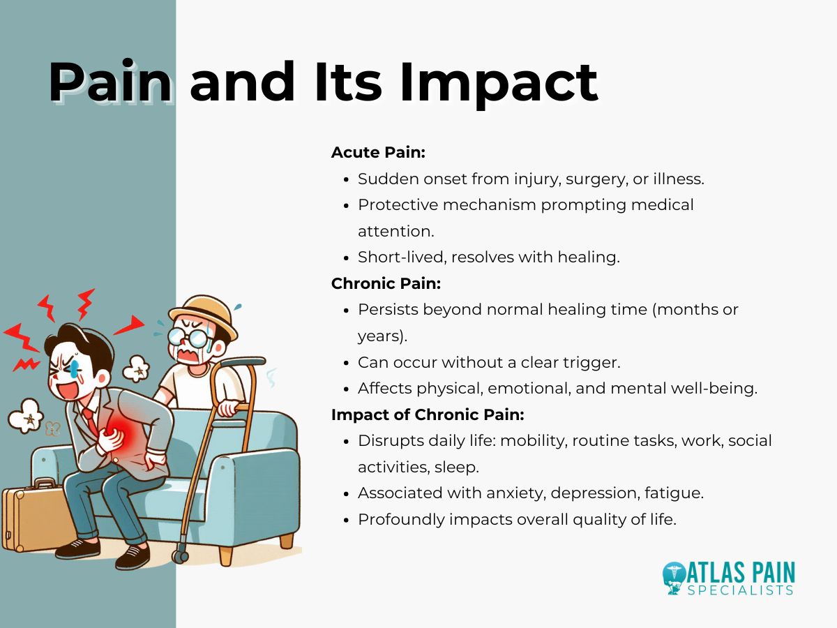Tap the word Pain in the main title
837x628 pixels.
[x=110, y=82]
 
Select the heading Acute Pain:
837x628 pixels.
[x=372, y=152]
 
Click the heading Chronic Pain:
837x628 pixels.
[x=386, y=283]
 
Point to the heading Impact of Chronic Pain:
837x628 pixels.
[x=428, y=414]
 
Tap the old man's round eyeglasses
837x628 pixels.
[x=191, y=338]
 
